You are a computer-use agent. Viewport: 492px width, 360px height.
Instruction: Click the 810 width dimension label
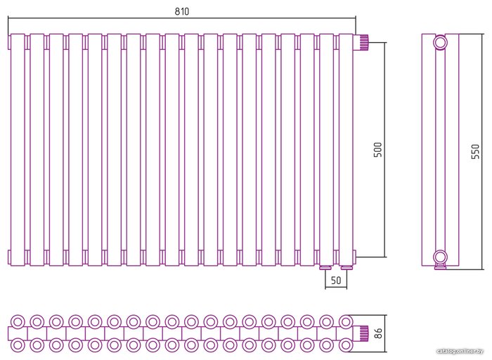point(181,12)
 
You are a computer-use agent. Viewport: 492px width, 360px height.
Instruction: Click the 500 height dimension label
point(377,150)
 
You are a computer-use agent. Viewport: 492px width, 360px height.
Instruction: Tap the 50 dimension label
point(335,281)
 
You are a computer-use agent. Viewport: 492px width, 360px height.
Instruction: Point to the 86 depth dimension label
point(377,333)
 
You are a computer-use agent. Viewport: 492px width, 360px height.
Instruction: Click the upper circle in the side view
point(440,43)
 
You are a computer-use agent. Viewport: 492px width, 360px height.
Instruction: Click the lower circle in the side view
point(440,256)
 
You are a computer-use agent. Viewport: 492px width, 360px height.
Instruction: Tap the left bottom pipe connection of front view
point(325,267)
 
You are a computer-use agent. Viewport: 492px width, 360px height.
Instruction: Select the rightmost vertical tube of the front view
point(346,150)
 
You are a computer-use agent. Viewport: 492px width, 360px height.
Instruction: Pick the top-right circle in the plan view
point(345,321)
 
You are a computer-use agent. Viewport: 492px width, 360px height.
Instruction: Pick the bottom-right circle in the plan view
point(345,345)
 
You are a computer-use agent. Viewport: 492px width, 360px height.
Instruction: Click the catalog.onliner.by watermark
point(460,351)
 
